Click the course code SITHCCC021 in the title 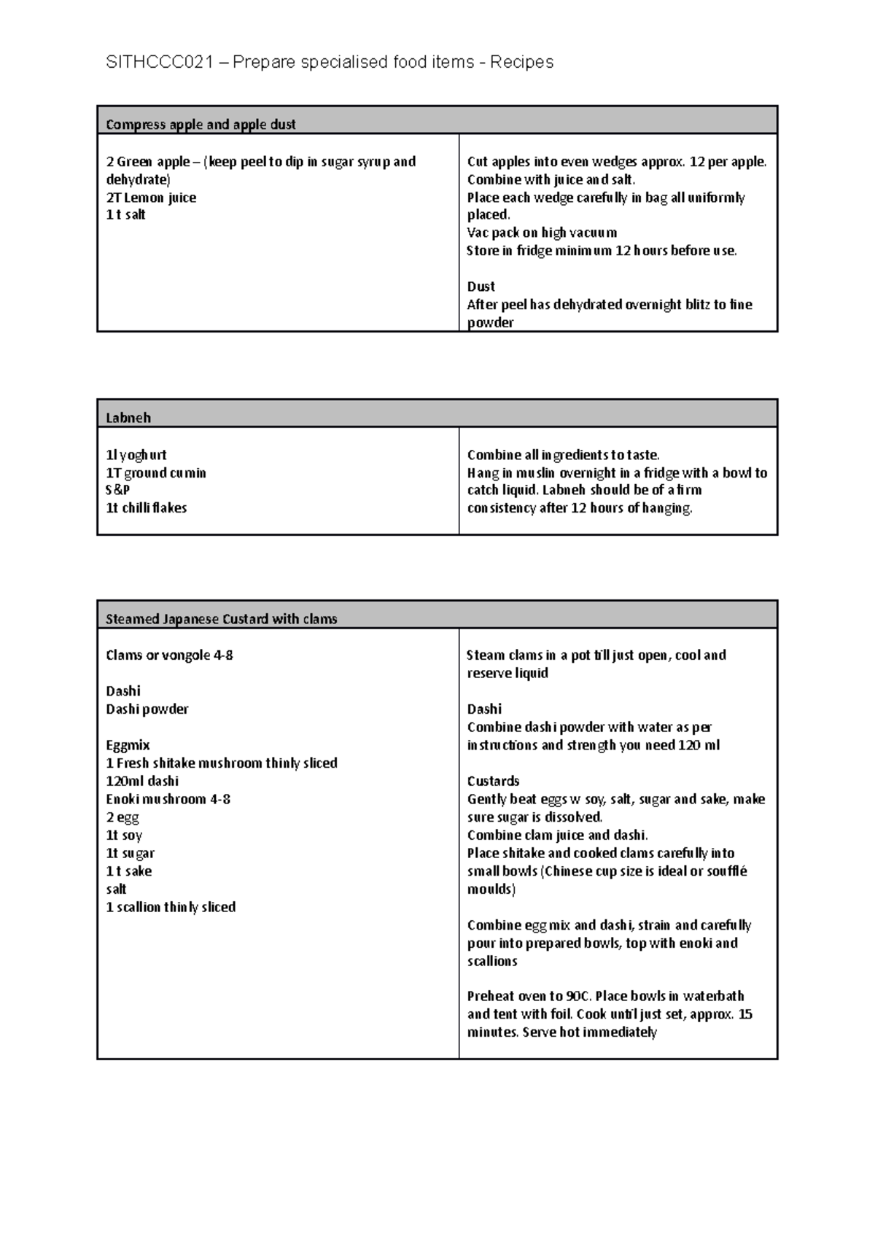tap(160, 62)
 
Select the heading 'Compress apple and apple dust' tap(201, 125)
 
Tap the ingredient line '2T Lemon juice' tap(151, 198)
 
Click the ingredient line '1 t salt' tap(125, 215)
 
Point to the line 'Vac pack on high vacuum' tap(542, 233)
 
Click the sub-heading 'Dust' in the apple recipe tap(481, 287)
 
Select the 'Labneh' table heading tap(128, 418)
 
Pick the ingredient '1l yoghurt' tap(136, 455)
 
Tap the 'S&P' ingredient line tap(117, 490)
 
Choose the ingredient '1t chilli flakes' tap(146, 508)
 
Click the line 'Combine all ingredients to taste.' tap(563, 455)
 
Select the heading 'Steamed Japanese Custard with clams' tap(221, 619)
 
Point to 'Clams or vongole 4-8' tap(169, 655)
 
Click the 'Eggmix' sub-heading tap(128, 745)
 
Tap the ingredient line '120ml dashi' tap(142, 781)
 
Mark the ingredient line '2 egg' tap(122, 817)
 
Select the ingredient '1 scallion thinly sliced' tap(171, 907)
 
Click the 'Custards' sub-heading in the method tap(493, 781)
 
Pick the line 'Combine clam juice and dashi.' tap(557, 836)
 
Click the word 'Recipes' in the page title tap(521, 62)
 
